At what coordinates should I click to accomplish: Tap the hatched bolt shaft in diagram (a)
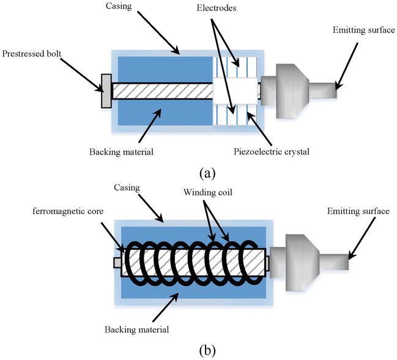tap(162, 92)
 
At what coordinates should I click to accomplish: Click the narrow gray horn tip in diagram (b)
tap(334, 263)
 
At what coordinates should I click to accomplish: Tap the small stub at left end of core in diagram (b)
tap(117, 263)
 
